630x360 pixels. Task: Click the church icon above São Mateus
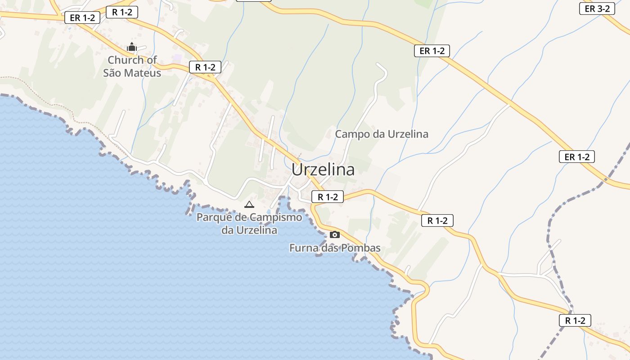click(x=131, y=47)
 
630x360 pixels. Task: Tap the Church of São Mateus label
click(x=132, y=66)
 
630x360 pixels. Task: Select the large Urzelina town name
click(x=323, y=170)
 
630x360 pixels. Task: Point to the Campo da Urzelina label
click(x=382, y=134)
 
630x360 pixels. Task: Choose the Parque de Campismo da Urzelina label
click(x=249, y=224)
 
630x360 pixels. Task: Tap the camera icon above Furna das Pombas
click(x=334, y=234)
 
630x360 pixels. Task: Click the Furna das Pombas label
click(x=335, y=248)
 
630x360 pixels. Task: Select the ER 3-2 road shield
click(x=597, y=9)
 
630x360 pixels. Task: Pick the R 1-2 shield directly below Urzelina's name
click(x=327, y=197)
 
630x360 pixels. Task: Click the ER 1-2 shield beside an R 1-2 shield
click(x=82, y=18)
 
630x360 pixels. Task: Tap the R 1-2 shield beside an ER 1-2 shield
click(x=121, y=12)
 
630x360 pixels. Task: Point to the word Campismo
click(x=276, y=217)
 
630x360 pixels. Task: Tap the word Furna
click(x=303, y=248)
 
